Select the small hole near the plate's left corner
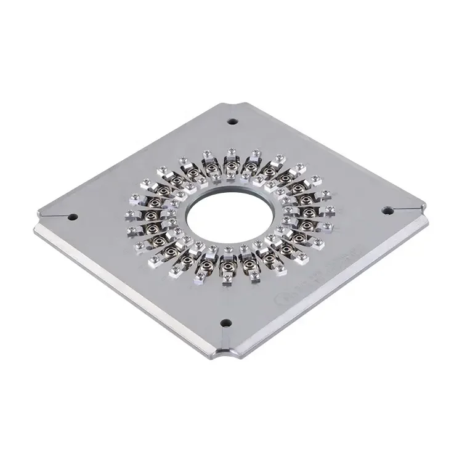point(73,216)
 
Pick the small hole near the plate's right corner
point(387,210)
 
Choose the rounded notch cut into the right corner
point(424,209)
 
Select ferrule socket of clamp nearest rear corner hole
point(232,164)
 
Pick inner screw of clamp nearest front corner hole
point(227,251)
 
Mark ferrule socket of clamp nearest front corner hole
point(227,265)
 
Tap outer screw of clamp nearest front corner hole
point(227,280)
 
